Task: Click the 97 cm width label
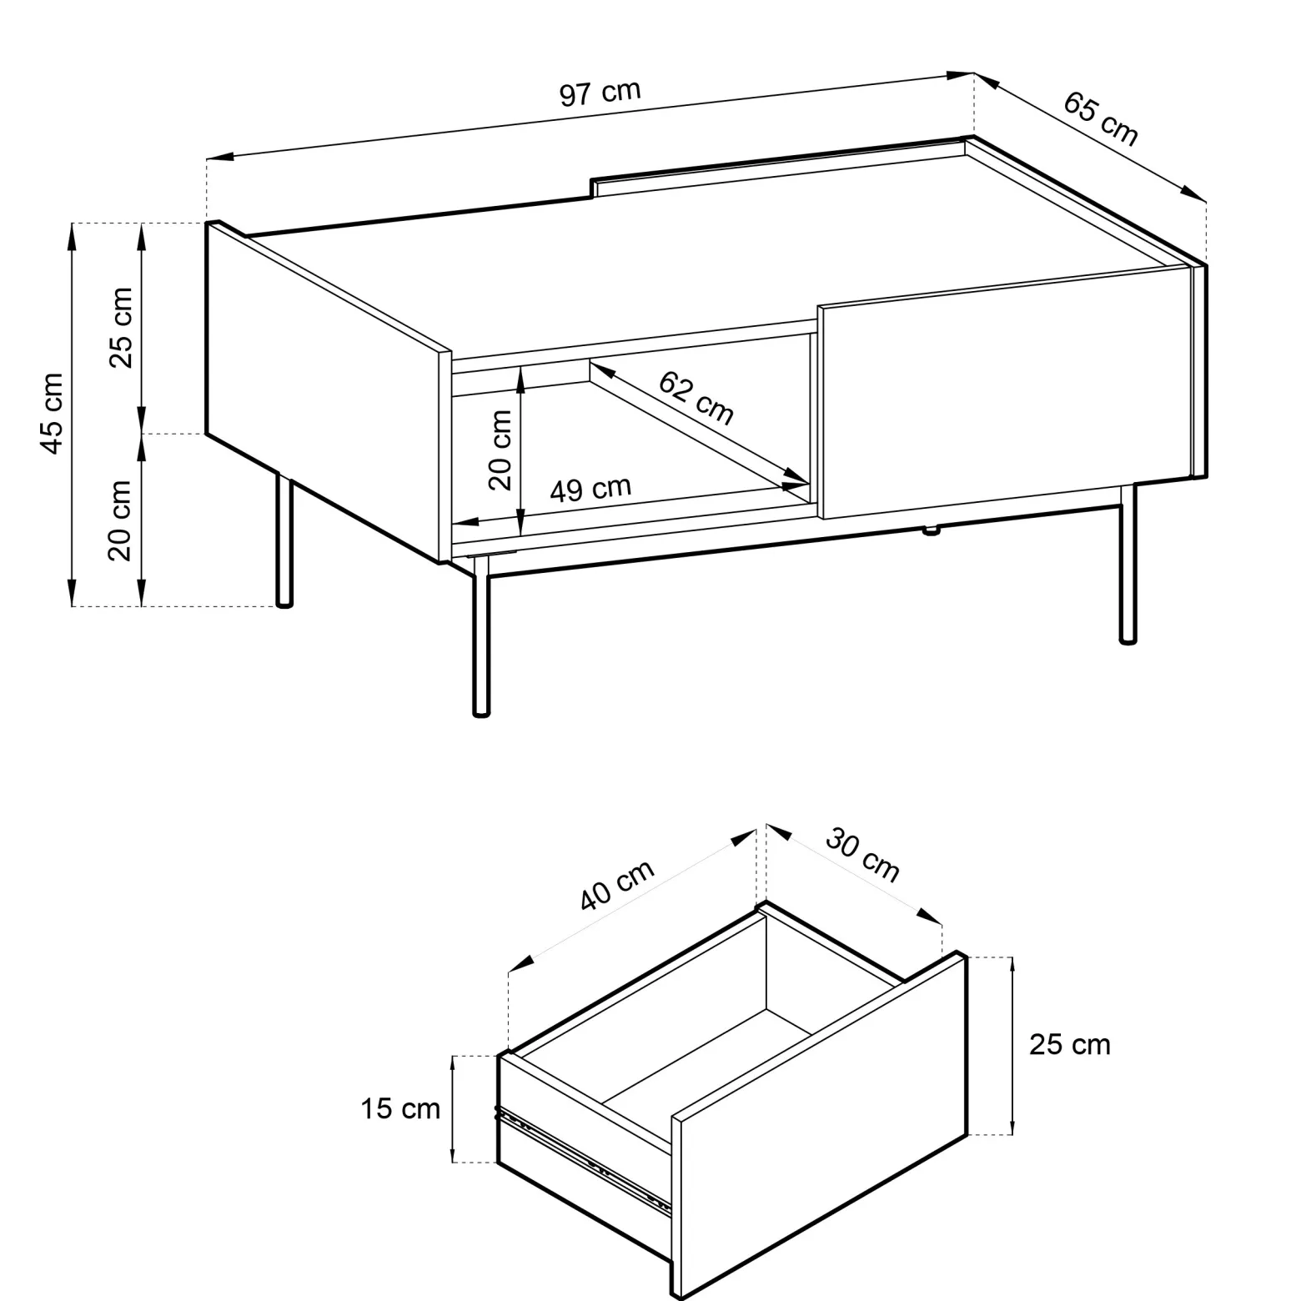[x=600, y=93]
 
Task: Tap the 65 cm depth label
[x=1100, y=118]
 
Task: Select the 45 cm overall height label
[x=52, y=414]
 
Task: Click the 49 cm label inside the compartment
[x=590, y=489]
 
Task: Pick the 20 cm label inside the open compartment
[x=500, y=450]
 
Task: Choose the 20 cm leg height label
[x=120, y=520]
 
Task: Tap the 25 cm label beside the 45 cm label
[x=122, y=327]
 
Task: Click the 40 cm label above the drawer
[x=617, y=885]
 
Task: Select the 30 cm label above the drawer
[x=863, y=855]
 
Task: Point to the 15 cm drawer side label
[x=400, y=1108]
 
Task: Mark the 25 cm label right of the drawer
[x=1070, y=1044]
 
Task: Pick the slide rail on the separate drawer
[x=584, y=1158]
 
